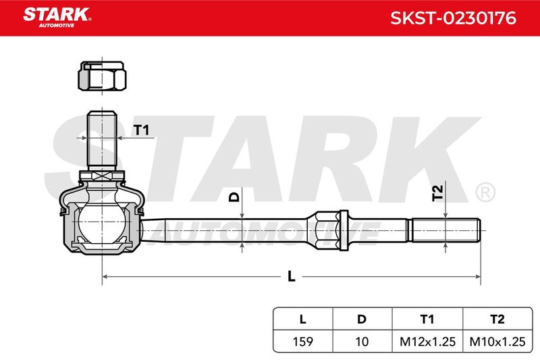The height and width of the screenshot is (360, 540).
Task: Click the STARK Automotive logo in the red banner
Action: point(57,18)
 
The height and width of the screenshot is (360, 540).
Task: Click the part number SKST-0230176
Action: point(453,18)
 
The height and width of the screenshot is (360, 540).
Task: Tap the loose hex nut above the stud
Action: point(102,76)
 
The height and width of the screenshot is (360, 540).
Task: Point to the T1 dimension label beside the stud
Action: point(141,130)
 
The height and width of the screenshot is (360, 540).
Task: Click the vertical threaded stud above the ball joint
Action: point(102,140)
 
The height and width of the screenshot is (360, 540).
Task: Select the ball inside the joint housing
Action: point(102,223)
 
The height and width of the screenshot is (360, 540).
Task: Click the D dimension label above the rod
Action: point(234,197)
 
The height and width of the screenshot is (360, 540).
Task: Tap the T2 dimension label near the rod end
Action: point(437,193)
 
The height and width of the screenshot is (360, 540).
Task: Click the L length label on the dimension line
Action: point(292,276)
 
